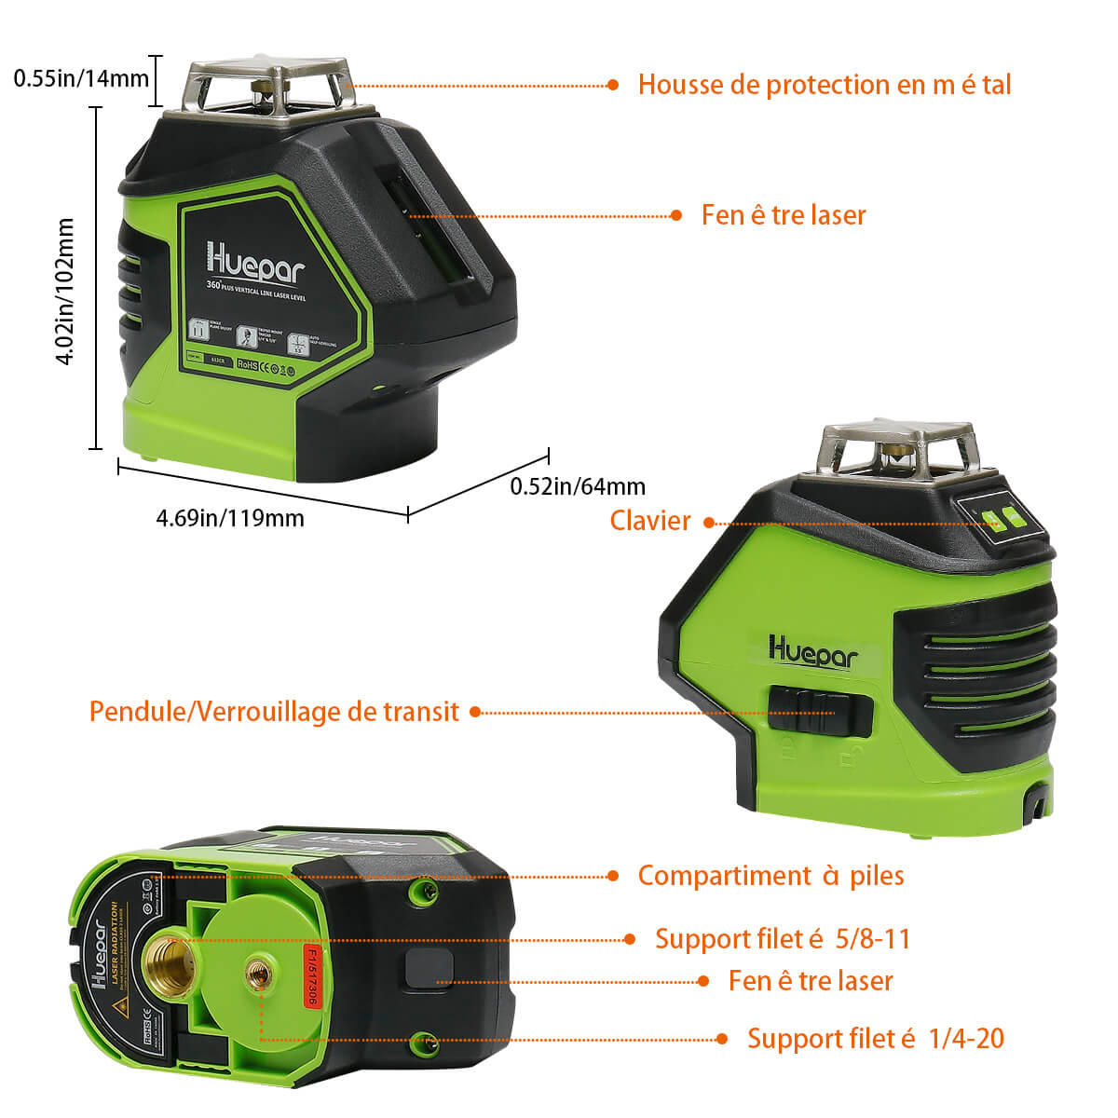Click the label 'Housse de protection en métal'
(x=824, y=85)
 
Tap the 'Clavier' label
(x=650, y=521)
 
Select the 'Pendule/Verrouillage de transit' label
(x=274, y=712)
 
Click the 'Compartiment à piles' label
(x=770, y=876)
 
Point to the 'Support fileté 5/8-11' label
(x=782, y=938)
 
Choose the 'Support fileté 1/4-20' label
(x=875, y=1038)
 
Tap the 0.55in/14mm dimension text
(x=81, y=78)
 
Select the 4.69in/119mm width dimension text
(x=230, y=518)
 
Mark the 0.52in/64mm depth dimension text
(x=578, y=486)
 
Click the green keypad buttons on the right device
(x=1000, y=519)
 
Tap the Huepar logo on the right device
(x=812, y=649)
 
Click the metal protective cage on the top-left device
(x=270, y=89)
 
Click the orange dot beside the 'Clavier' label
(x=709, y=523)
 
